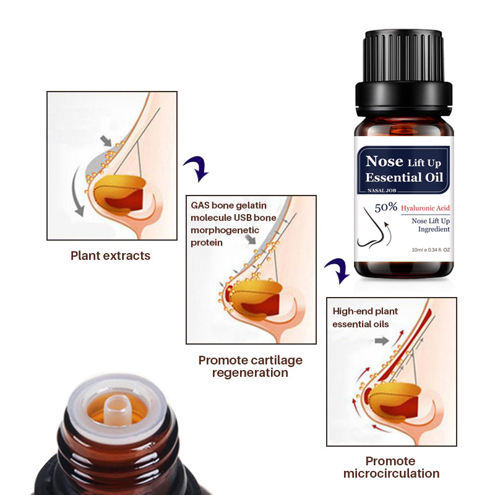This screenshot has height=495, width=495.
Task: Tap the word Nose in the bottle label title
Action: click(384, 161)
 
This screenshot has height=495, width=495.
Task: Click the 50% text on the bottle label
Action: click(385, 208)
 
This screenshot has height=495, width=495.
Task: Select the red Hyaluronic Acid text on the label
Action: click(425, 209)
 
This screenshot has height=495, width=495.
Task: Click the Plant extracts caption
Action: click(110, 256)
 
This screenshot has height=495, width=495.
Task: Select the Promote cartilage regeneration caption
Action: click(250, 366)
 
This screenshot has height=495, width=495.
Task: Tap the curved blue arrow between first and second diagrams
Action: click(196, 168)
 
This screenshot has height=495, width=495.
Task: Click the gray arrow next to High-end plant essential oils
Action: click(381, 340)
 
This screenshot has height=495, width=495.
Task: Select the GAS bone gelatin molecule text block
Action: click(225, 223)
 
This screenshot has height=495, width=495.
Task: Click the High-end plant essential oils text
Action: click(365, 317)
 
